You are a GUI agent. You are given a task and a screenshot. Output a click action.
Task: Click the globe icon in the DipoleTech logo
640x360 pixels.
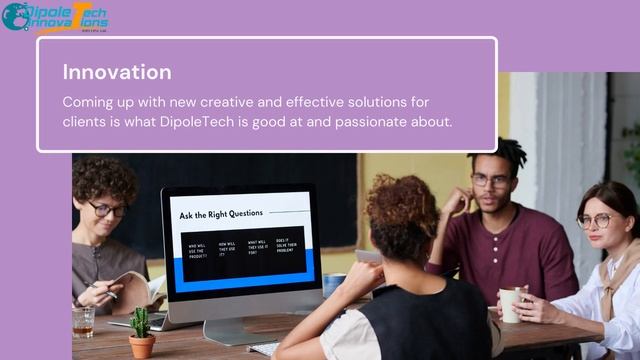click(x=15, y=16)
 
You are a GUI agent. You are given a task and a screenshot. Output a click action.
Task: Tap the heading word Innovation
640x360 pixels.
click(x=117, y=72)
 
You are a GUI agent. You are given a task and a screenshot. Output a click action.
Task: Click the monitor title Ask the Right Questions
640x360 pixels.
click(x=221, y=214)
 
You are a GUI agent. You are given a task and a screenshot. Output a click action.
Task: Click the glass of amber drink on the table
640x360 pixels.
click(x=83, y=321)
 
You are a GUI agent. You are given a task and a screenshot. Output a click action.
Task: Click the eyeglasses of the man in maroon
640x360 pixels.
click(x=490, y=181)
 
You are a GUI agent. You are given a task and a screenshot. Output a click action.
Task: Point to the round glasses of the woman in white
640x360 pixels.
click(x=595, y=220)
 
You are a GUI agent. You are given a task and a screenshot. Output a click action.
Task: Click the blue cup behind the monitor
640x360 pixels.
click(x=333, y=284)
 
